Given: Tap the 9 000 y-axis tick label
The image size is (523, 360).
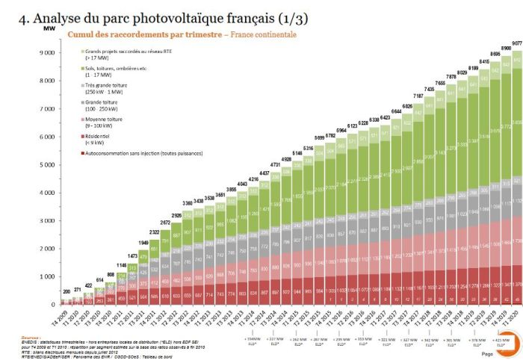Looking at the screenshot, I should click(x=48, y=53).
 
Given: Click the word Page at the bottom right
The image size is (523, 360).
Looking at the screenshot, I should click(x=486, y=353).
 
